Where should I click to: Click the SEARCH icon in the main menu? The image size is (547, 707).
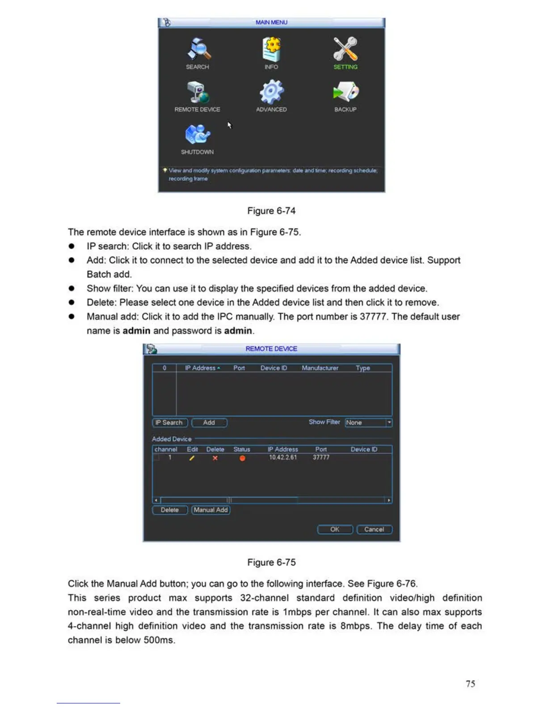click(198, 49)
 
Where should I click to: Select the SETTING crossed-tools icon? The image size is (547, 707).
click(345, 49)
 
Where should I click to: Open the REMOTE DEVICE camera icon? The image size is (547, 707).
click(198, 92)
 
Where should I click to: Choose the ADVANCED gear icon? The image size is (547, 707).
click(271, 92)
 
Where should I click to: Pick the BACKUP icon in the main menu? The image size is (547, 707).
click(345, 91)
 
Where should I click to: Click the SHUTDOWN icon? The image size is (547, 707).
click(198, 134)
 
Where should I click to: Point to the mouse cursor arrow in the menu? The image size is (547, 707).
click(229, 125)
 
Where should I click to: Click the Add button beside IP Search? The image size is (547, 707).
click(209, 423)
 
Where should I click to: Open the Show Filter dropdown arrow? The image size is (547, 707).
click(389, 422)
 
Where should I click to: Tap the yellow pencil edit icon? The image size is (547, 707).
click(192, 458)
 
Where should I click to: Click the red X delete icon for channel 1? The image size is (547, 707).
click(215, 458)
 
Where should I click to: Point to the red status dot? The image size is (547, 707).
click(242, 458)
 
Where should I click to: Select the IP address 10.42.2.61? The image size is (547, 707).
click(282, 457)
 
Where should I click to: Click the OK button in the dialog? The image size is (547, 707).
click(335, 529)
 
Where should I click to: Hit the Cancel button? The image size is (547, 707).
click(374, 529)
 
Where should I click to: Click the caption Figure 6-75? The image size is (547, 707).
click(271, 562)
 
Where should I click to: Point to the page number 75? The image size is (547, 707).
click(470, 684)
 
